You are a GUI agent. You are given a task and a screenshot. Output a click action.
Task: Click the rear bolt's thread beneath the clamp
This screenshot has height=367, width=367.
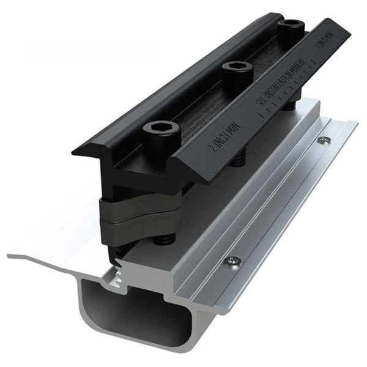click(286, 108)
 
